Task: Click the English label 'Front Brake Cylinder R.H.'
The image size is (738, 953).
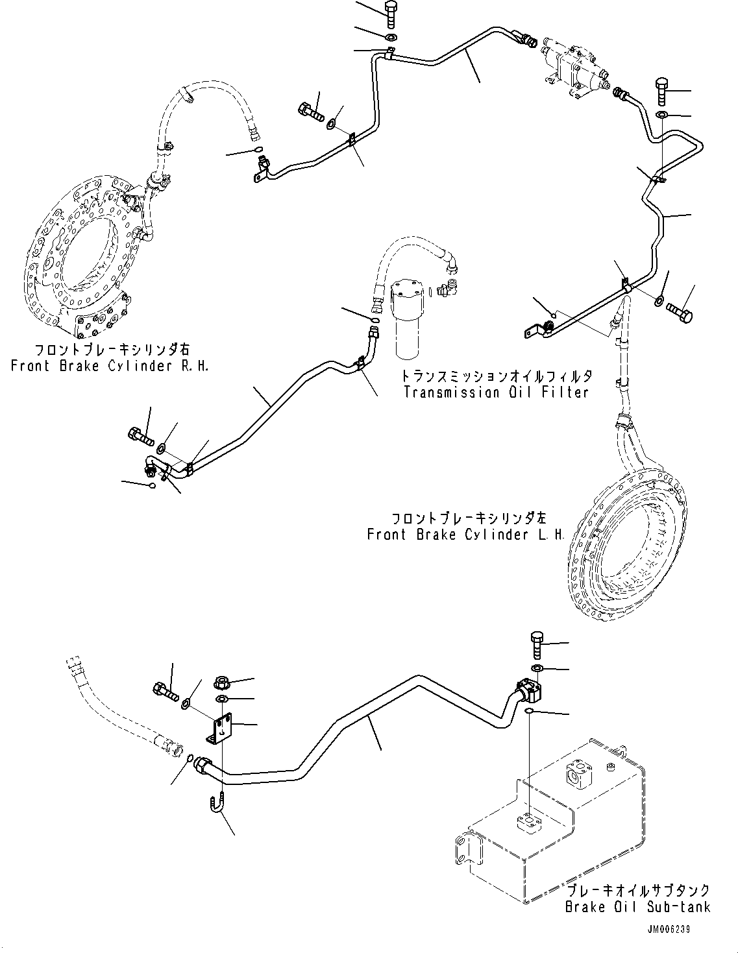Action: tap(110, 366)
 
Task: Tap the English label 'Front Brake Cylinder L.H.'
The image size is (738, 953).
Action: tap(465, 535)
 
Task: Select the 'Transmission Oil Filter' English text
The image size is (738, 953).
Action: tap(496, 392)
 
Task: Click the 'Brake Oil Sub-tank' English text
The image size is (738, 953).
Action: tap(637, 907)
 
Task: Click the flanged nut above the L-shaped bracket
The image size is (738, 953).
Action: tap(222, 682)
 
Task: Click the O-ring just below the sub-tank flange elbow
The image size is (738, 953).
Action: tap(530, 712)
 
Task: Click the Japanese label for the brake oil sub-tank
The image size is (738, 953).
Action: tap(637, 891)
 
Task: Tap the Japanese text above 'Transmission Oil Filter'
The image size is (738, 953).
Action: tap(496, 376)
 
